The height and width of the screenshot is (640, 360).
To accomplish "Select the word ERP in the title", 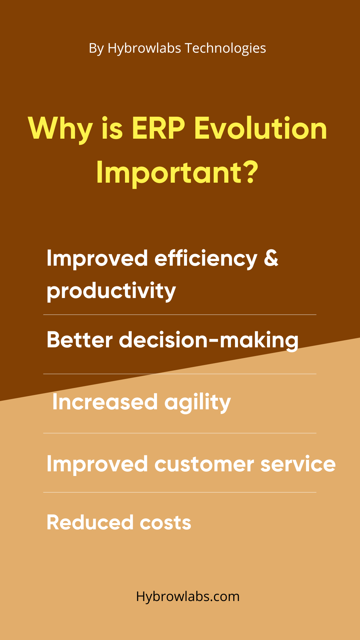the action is (x=158, y=128).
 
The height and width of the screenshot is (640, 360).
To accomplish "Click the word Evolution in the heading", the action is (x=261, y=128).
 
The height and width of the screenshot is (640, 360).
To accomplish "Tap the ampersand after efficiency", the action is (x=271, y=258).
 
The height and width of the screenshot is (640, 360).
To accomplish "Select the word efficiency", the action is (x=206, y=259).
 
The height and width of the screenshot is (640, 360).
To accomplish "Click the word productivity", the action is (x=111, y=291).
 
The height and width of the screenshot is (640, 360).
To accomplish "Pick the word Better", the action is (x=80, y=340).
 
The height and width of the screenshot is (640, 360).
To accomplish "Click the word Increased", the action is (x=105, y=402).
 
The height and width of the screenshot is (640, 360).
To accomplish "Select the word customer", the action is (x=204, y=464).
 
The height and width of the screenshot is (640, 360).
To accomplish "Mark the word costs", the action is (x=166, y=523).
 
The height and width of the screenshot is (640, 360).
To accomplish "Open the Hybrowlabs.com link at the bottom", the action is (x=188, y=596).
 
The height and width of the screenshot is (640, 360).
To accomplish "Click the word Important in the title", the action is (x=168, y=173).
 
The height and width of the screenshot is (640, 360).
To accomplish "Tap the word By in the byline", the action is (x=96, y=49).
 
